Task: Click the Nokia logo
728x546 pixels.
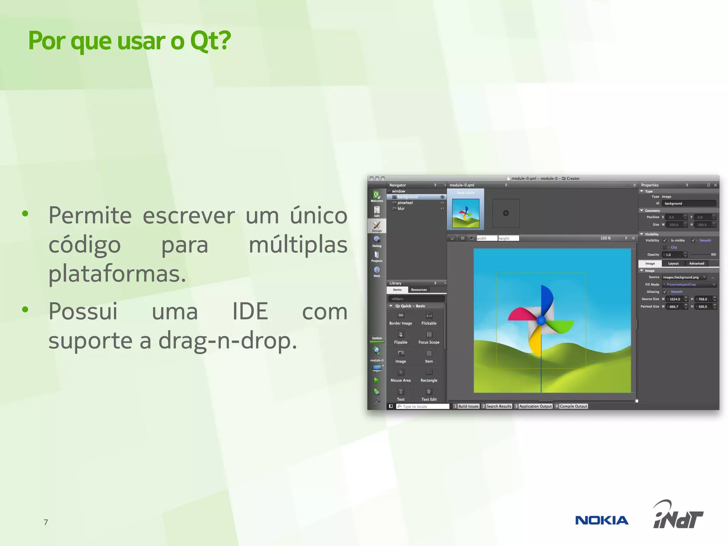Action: [x=601, y=520]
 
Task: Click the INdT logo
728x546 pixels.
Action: [x=678, y=516]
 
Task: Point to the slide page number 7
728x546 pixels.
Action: [x=46, y=522]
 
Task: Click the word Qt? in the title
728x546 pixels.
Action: [x=210, y=41]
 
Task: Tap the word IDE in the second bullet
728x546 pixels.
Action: [x=250, y=311]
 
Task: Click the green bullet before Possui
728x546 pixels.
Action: [x=25, y=309]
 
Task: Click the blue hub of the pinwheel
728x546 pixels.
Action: [x=541, y=320]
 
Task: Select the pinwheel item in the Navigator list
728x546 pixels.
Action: [x=405, y=203]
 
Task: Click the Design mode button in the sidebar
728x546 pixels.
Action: [x=376, y=226]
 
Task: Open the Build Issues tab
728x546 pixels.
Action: [x=468, y=406]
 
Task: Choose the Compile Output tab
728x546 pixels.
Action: [x=573, y=406]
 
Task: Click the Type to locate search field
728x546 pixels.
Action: [x=423, y=406]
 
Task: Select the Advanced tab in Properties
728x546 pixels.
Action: [x=696, y=263]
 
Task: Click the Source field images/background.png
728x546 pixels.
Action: [x=682, y=277]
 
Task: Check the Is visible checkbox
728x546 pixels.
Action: [x=664, y=241]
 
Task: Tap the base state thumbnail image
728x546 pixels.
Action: [x=465, y=213]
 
